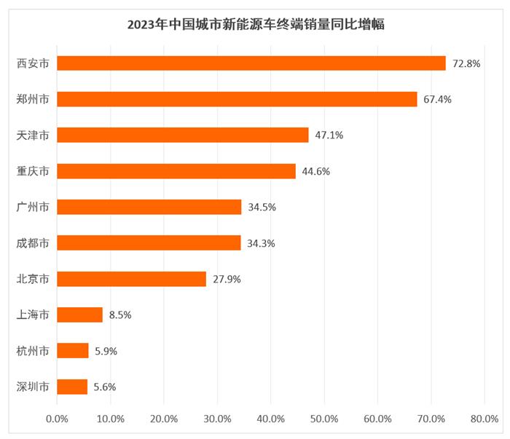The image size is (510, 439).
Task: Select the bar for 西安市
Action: (251, 63)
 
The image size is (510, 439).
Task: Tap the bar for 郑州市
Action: (237, 99)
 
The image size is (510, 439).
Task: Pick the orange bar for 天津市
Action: (182, 135)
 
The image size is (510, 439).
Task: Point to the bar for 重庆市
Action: (176, 171)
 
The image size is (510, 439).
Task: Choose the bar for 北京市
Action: (131, 279)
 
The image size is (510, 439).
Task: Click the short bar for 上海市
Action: (79, 315)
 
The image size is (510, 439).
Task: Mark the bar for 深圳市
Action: (72, 387)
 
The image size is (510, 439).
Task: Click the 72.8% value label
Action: (466, 63)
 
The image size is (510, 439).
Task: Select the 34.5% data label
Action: (262, 207)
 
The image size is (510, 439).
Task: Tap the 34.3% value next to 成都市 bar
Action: (261, 243)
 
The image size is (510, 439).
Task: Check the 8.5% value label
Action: (120, 315)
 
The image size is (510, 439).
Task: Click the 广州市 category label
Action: (33, 207)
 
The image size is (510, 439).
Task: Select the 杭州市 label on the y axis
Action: (33, 351)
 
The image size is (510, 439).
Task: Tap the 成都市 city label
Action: (33, 243)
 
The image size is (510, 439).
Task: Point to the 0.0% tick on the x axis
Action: (57, 419)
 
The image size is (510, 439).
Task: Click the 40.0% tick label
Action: (270, 419)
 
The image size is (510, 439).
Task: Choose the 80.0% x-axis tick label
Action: (484, 419)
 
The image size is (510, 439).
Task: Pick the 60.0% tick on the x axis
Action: (377, 419)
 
